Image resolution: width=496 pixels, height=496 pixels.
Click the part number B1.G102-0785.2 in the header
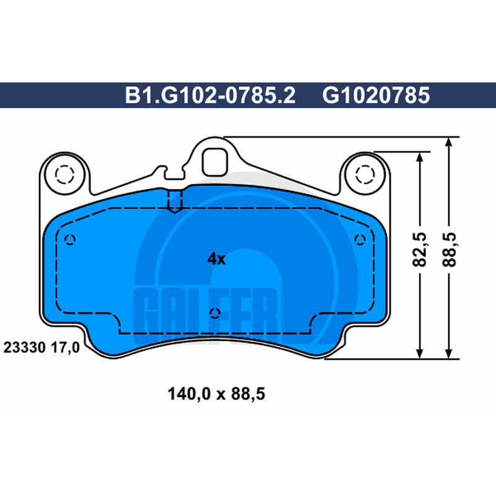click(210, 95)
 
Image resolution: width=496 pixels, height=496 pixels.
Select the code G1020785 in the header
click(376, 95)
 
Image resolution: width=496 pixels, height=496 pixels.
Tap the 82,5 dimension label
click(420, 250)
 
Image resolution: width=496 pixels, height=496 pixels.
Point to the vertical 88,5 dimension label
click(449, 250)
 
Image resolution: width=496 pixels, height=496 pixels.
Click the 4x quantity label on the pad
click(216, 259)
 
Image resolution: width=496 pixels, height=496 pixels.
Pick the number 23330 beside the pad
click(24, 348)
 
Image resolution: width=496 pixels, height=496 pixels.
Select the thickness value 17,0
click(66, 348)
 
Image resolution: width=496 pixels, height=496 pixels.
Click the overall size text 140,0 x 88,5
click(216, 394)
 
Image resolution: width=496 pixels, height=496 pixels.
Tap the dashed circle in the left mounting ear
click(64, 174)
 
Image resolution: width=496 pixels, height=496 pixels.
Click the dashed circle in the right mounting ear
click(365, 174)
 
